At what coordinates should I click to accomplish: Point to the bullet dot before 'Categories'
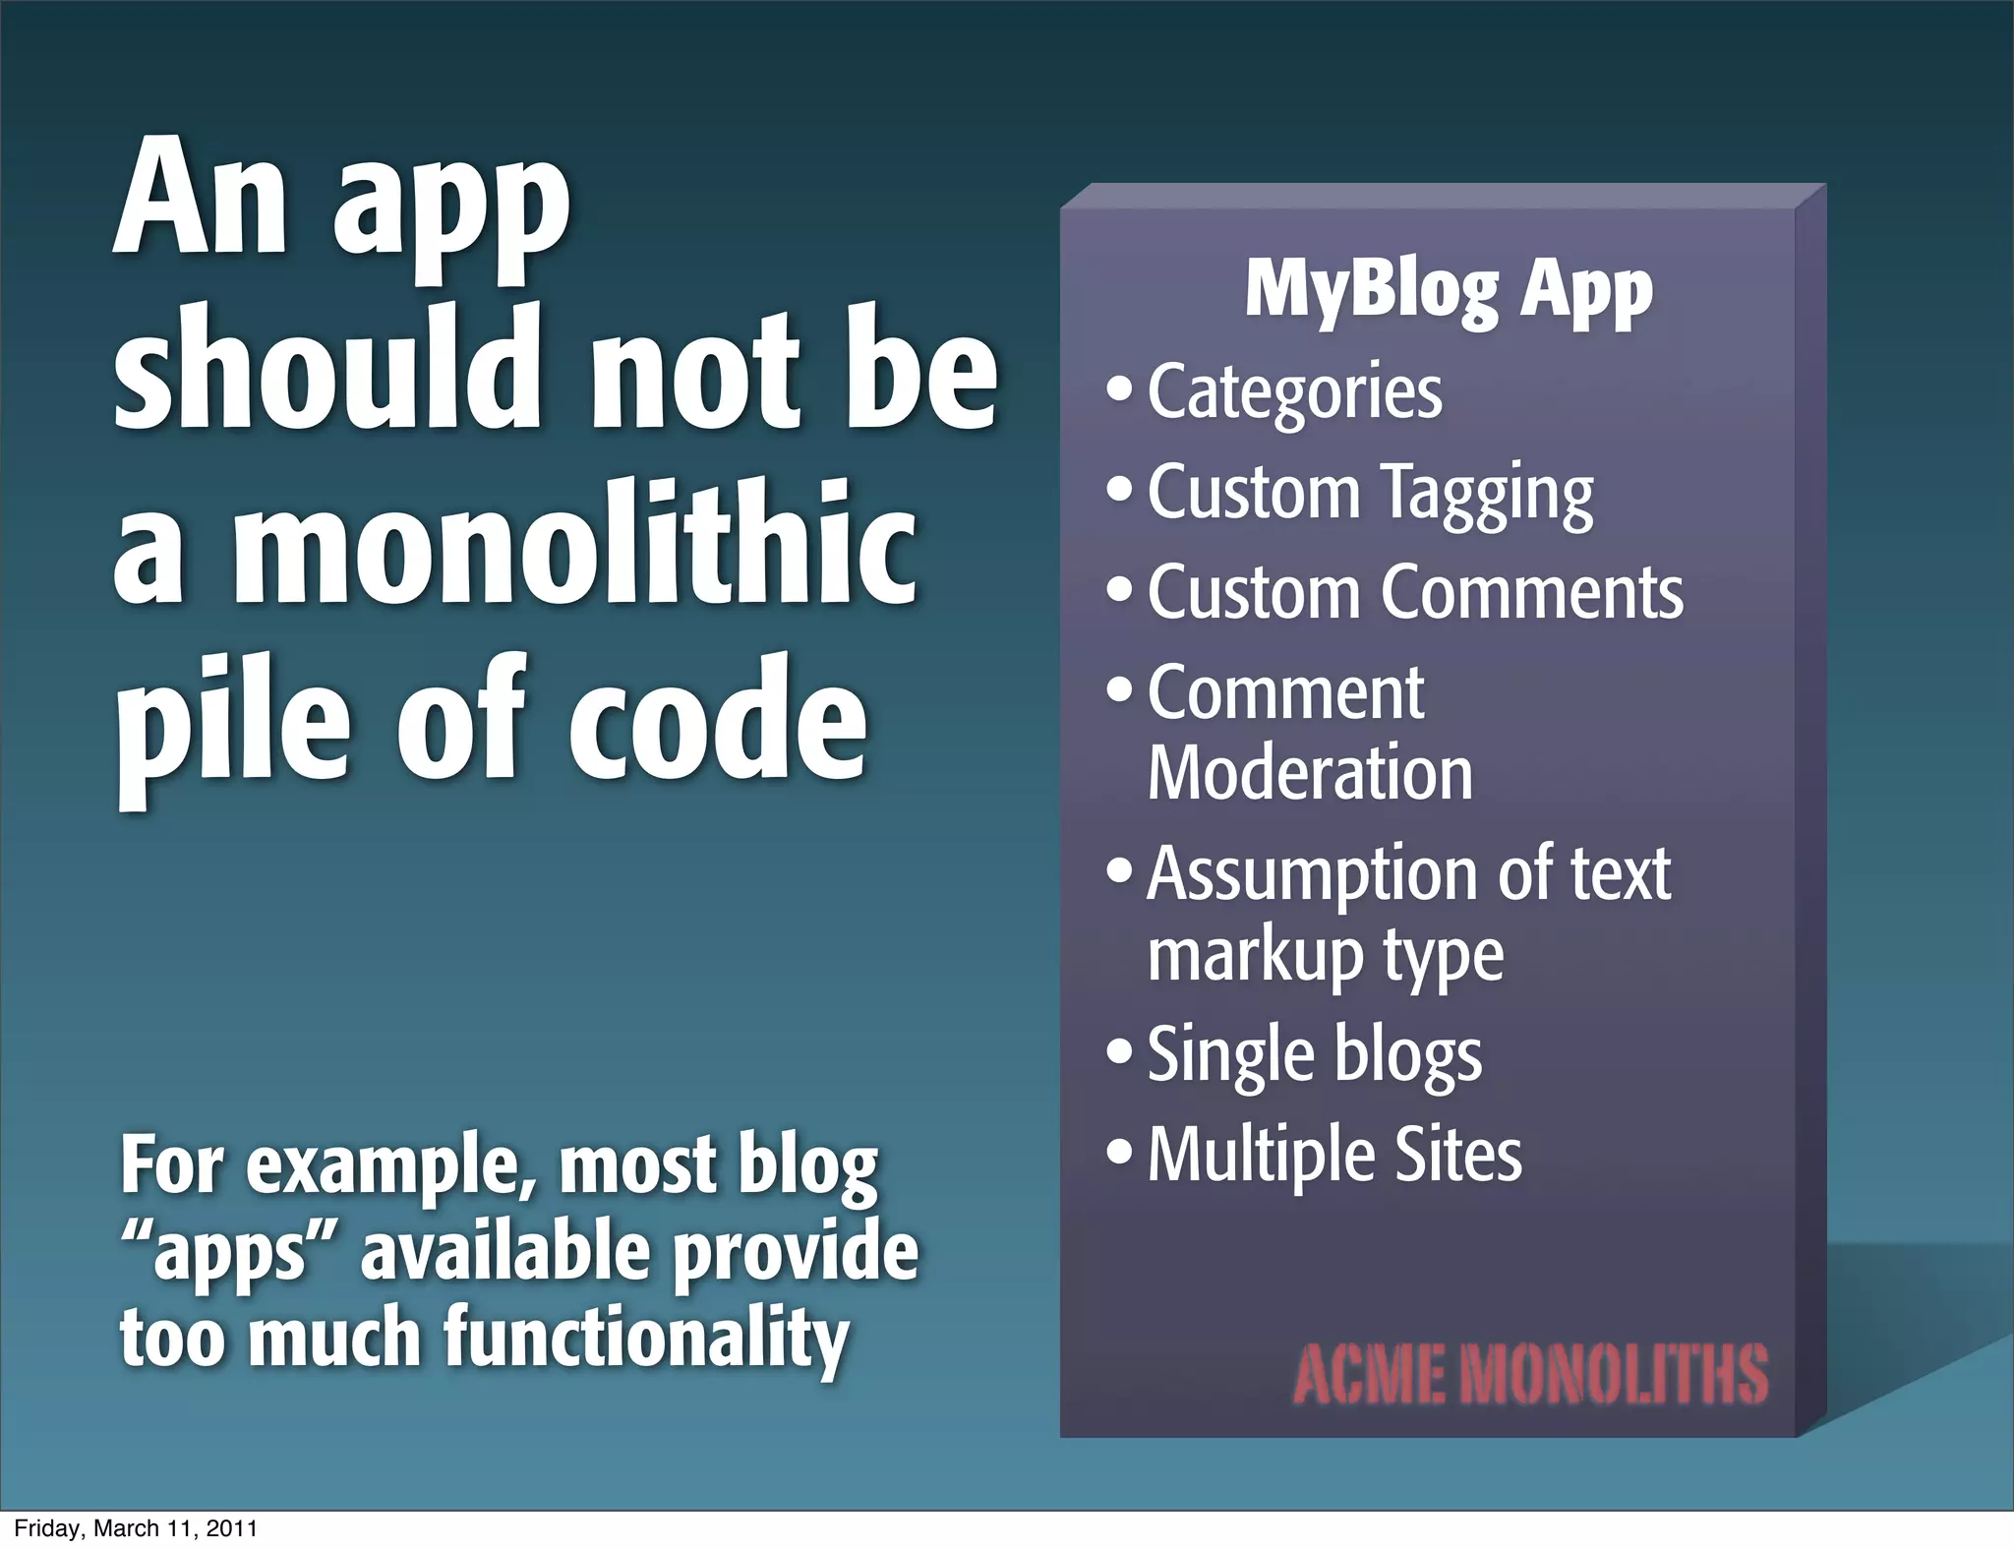coord(1119,388)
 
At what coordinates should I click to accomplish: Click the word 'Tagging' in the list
coord(1487,494)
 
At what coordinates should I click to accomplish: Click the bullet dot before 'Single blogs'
coord(1119,1050)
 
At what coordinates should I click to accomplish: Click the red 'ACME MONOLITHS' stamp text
coord(1530,1374)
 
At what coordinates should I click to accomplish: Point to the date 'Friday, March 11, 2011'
coord(136,1528)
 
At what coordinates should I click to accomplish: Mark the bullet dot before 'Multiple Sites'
coord(1119,1151)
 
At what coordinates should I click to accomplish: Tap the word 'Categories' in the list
coord(1294,392)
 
